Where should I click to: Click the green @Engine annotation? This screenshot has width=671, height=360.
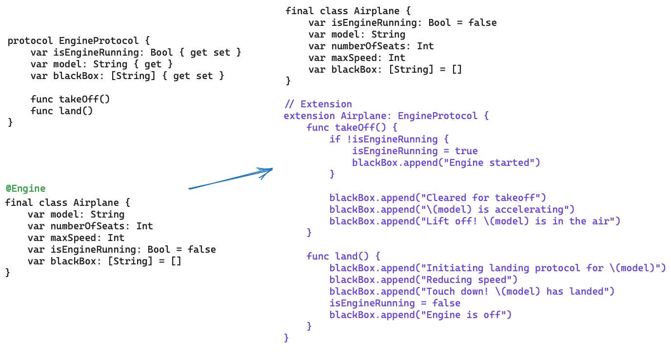[x=25, y=188]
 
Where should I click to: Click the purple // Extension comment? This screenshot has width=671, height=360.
[x=318, y=104]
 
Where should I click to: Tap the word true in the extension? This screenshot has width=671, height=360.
[x=466, y=151]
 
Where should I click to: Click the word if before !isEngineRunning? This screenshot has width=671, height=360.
[x=335, y=139]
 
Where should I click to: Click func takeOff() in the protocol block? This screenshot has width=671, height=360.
[x=70, y=99]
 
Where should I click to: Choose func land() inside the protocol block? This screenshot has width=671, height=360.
[x=61, y=111]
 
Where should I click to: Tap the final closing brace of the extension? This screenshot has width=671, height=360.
[x=286, y=337]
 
